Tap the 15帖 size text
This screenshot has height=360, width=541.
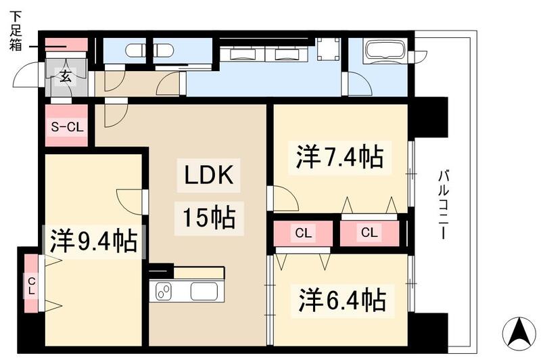[x=207, y=219]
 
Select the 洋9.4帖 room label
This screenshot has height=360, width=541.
[x=93, y=241]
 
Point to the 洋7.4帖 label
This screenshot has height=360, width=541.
[x=339, y=157]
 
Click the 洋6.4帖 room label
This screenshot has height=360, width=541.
[x=342, y=298]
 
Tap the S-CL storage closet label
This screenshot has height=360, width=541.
[x=66, y=127]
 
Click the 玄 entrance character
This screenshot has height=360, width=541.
[x=66, y=76]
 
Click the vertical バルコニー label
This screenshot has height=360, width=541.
[x=444, y=204]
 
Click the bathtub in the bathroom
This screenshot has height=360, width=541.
[x=384, y=51]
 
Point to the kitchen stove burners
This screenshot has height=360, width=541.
[x=164, y=291]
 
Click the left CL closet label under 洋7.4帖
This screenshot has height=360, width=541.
[x=303, y=233]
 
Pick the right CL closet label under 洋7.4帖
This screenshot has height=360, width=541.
[x=369, y=233]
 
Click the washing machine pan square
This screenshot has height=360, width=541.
[x=328, y=49]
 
